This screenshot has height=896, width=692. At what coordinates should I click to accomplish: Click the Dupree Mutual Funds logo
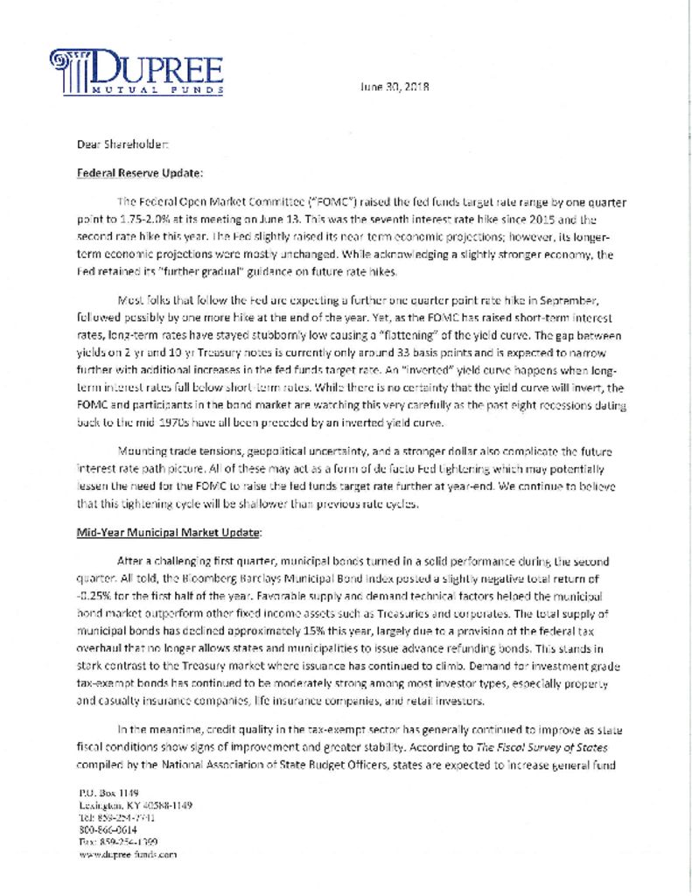pos(136,72)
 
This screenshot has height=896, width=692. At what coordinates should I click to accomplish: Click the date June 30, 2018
pos(395,87)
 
